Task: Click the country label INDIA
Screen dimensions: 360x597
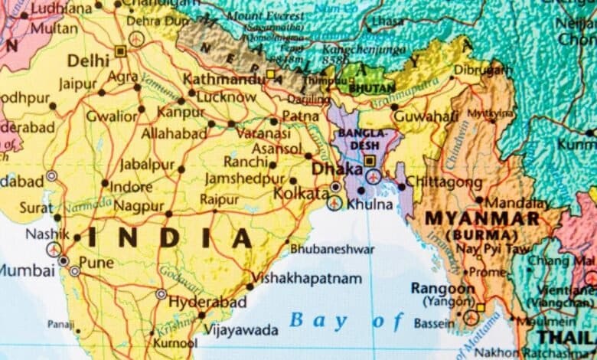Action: tap(169, 238)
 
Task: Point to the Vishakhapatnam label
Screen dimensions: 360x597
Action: tap(306, 279)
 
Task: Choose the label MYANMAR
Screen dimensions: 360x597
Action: tap(482, 218)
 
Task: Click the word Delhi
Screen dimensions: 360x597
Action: tap(88, 59)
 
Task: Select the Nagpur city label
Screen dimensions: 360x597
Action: tap(139, 205)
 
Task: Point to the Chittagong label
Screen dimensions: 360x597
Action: tap(444, 182)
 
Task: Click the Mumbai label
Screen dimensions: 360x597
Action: tap(27, 270)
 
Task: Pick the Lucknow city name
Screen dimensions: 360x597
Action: tap(227, 97)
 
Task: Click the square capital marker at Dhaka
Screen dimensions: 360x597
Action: tap(370, 162)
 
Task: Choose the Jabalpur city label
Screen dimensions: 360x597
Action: tap(146, 165)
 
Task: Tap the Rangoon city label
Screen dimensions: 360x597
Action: tap(442, 288)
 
